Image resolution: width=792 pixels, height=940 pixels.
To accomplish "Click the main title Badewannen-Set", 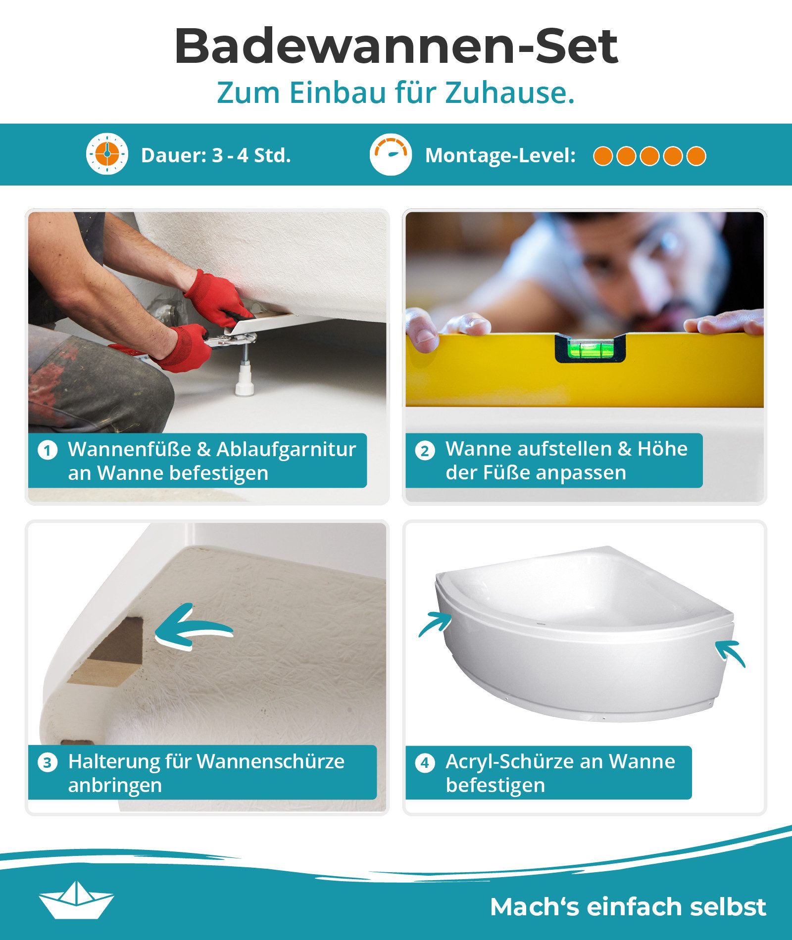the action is click(x=396, y=46).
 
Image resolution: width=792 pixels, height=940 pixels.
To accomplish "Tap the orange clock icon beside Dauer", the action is click(x=107, y=154).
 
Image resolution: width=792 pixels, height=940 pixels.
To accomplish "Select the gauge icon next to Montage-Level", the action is click(x=391, y=154).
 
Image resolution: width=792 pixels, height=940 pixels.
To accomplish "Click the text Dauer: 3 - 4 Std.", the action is click(x=216, y=156).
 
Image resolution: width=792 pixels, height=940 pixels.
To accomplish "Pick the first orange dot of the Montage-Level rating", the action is click(x=603, y=156).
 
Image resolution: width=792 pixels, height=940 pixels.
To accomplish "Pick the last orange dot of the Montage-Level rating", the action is click(x=696, y=156).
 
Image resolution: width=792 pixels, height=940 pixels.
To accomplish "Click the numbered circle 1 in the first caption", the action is click(x=48, y=451).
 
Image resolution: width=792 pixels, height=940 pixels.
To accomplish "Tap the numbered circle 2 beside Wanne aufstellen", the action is click(x=425, y=451).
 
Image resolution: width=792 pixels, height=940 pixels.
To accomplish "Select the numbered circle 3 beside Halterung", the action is click(x=48, y=762).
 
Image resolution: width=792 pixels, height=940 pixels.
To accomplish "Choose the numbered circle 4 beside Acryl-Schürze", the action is click(x=425, y=762).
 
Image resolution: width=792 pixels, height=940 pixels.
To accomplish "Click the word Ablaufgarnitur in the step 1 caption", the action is click(x=286, y=449).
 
